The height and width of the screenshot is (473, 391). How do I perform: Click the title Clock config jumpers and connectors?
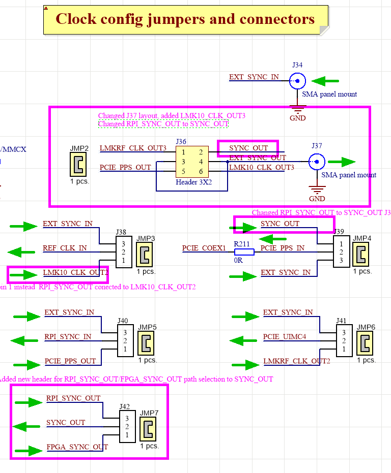point(185,19)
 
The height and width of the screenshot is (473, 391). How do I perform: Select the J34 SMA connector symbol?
point(297,81)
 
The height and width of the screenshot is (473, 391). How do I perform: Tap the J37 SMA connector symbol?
point(317,162)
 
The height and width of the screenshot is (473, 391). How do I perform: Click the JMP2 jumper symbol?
point(78,164)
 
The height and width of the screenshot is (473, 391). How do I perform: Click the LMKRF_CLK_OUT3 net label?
point(133,148)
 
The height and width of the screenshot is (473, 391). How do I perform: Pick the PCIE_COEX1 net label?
point(204,248)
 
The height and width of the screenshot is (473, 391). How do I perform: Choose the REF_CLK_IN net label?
point(65,248)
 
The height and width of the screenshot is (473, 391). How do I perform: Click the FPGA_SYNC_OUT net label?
point(77,447)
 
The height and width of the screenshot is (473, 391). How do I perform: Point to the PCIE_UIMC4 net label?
point(285,336)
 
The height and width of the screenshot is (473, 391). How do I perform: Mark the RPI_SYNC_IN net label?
point(68,336)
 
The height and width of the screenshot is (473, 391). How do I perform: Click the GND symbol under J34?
point(297,112)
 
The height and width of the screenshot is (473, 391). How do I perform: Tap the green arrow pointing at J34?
point(325,81)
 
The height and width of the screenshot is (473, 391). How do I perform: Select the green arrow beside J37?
point(342,162)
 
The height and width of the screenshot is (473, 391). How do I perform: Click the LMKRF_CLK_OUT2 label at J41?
point(296,361)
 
